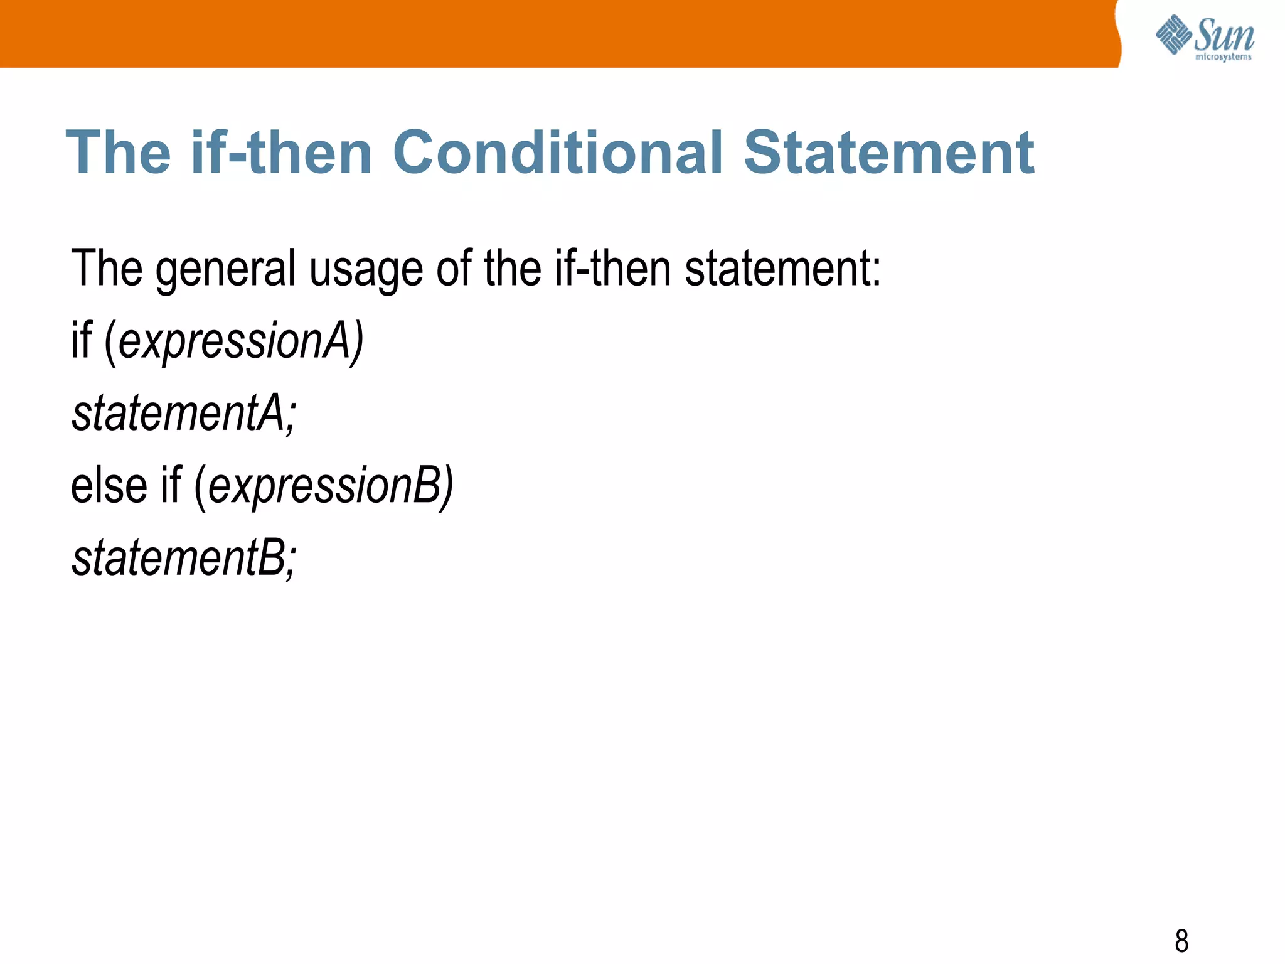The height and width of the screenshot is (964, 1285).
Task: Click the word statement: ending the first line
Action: point(782,269)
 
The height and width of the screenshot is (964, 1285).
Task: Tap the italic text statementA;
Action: point(184,414)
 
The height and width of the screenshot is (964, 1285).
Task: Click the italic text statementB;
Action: point(184,558)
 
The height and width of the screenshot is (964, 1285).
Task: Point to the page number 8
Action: point(1181,941)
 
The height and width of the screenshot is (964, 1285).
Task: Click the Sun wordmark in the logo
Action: point(1224,35)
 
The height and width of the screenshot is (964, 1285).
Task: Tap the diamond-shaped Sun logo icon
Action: point(1173,34)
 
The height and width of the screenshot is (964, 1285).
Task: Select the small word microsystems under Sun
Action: point(1224,57)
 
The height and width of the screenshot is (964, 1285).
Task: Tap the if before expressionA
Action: point(82,341)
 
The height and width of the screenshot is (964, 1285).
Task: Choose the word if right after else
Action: point(171,486)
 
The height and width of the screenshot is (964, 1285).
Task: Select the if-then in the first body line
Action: point(612,269)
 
